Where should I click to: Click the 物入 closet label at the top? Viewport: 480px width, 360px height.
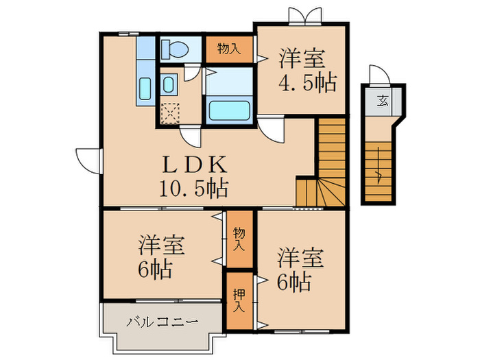(229, 49)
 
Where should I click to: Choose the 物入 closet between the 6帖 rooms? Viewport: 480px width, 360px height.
(239, 239)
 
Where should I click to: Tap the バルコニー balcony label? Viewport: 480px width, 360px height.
(163, 321)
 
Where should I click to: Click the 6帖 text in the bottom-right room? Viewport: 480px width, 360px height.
(294, 281)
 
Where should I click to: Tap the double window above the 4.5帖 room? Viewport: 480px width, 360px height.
(305, 16)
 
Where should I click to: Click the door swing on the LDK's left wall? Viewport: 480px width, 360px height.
(88, 160)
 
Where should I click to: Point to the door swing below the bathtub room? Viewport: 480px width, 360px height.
(269, 130)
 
